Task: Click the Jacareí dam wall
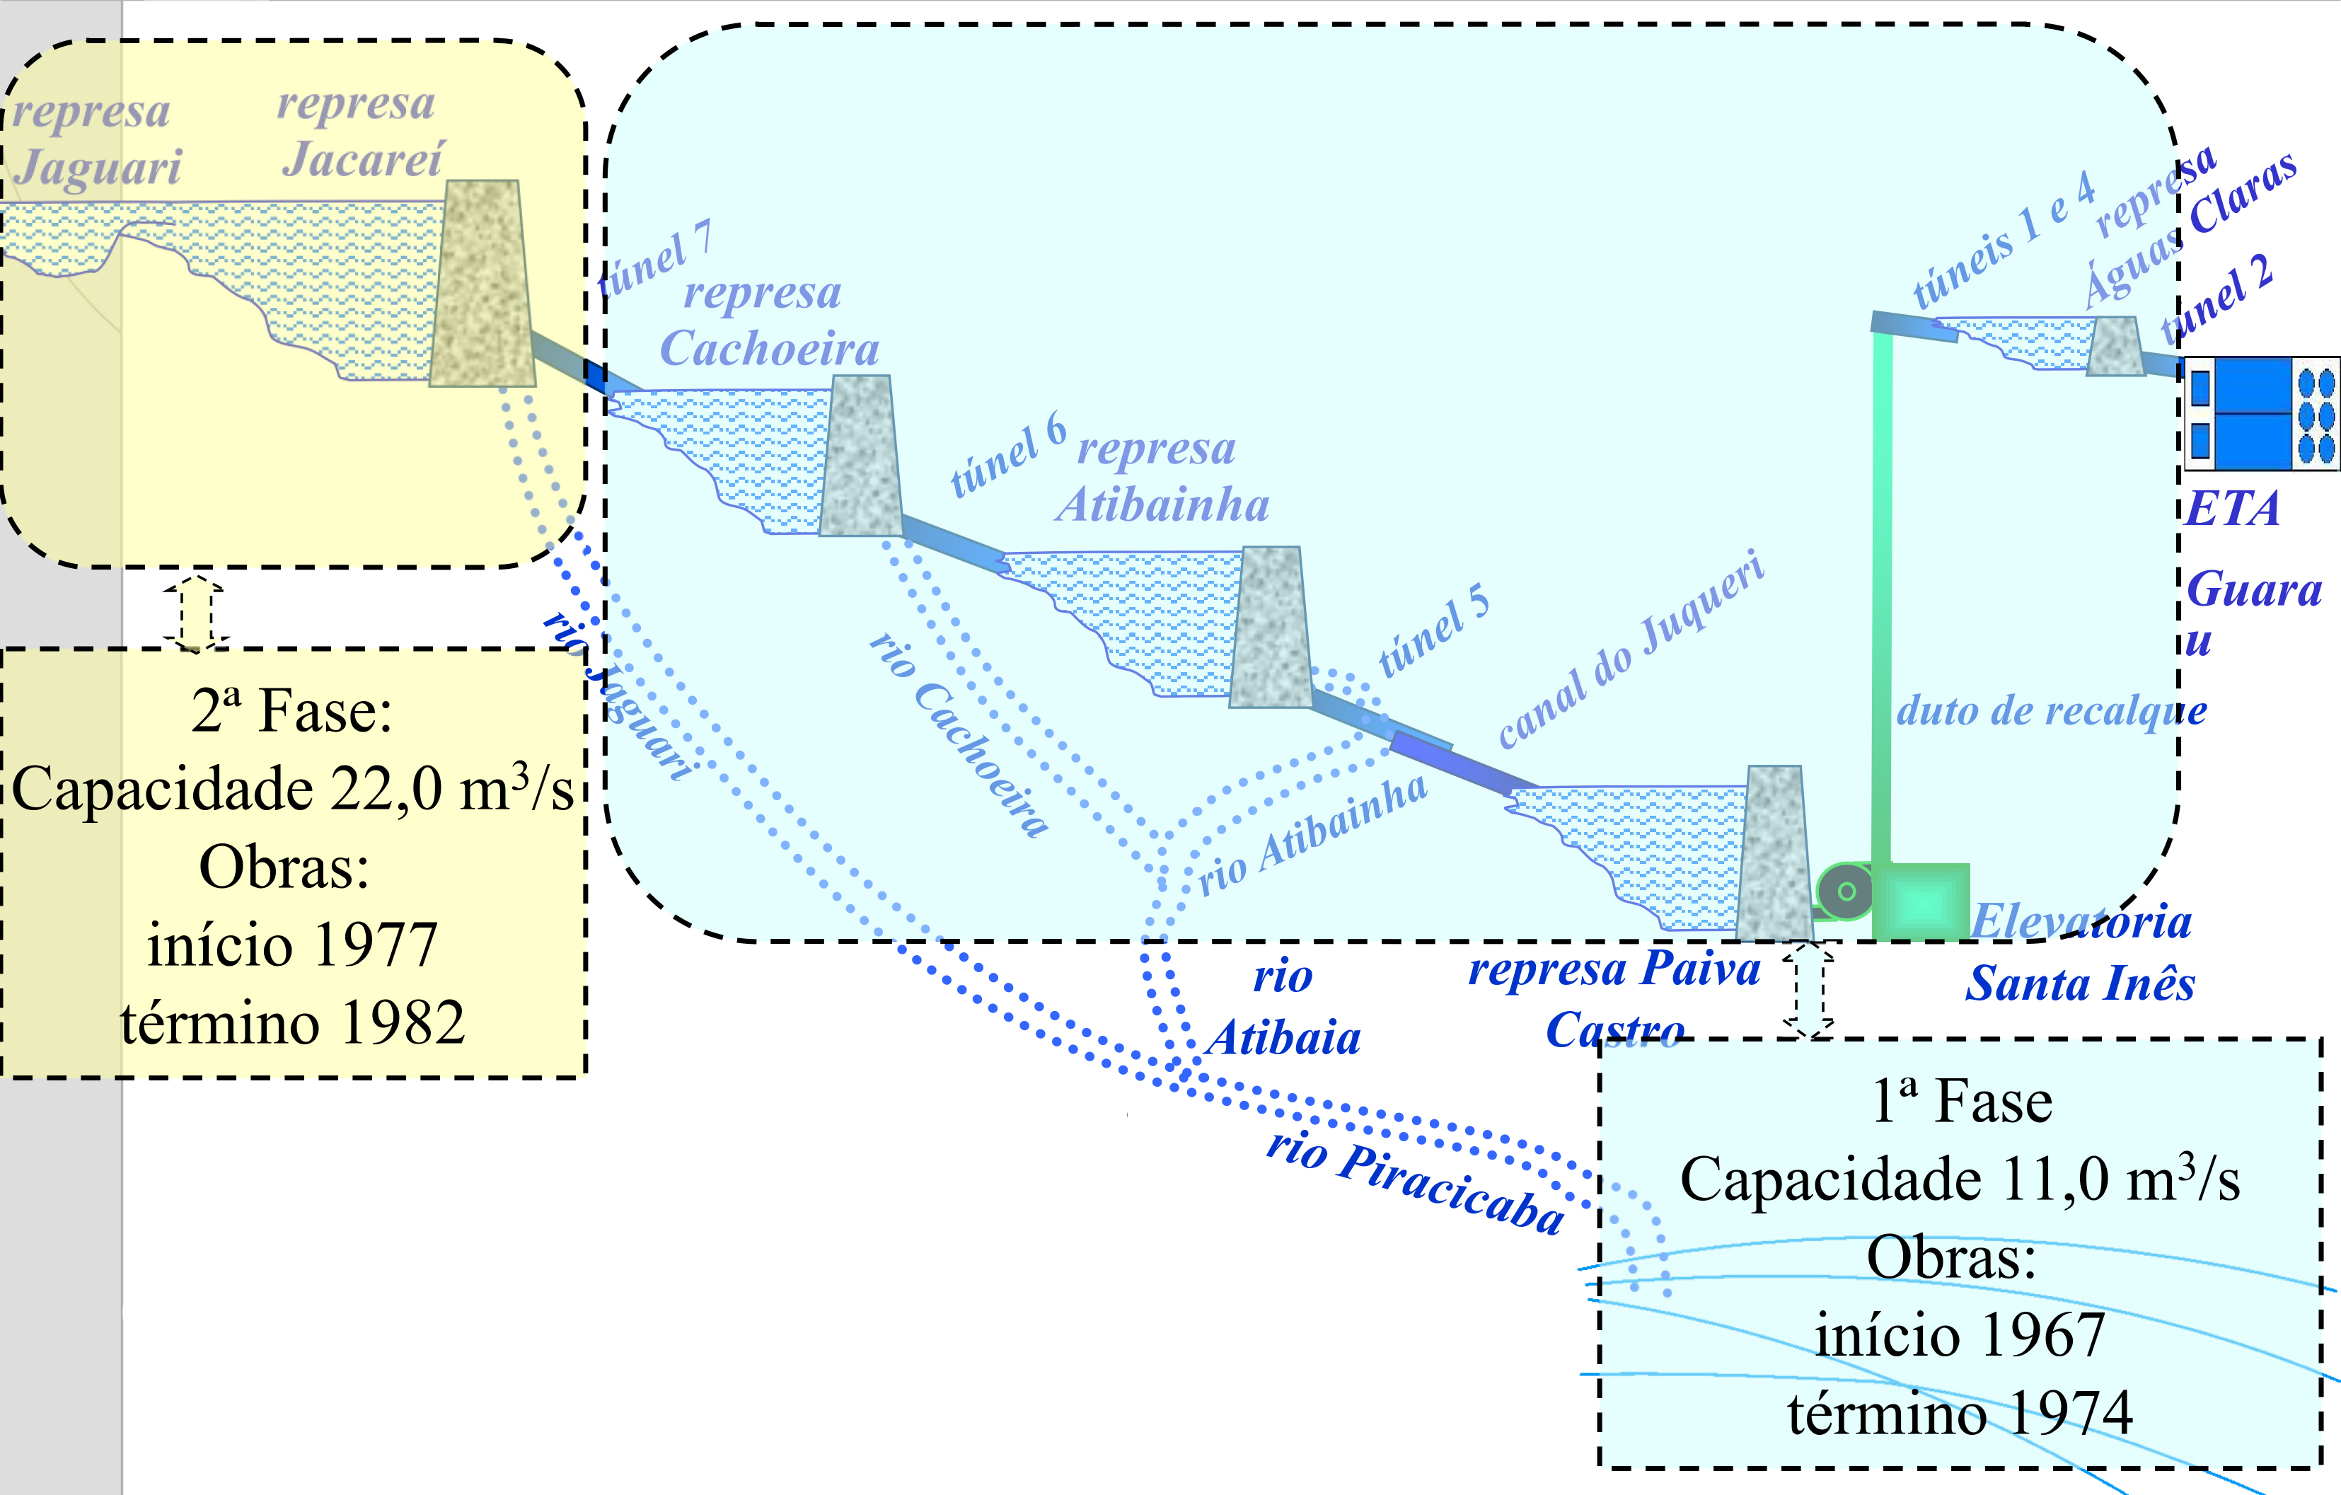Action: coord(482,284)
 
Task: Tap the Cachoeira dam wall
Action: coord(860,457)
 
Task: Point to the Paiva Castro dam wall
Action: coord(1774,853)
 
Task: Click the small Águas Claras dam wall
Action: coord(2115,346)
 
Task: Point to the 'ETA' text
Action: coord(2232,509)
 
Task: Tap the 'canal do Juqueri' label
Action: coord(1631,650)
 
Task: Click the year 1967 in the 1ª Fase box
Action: coord(2042,1334)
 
